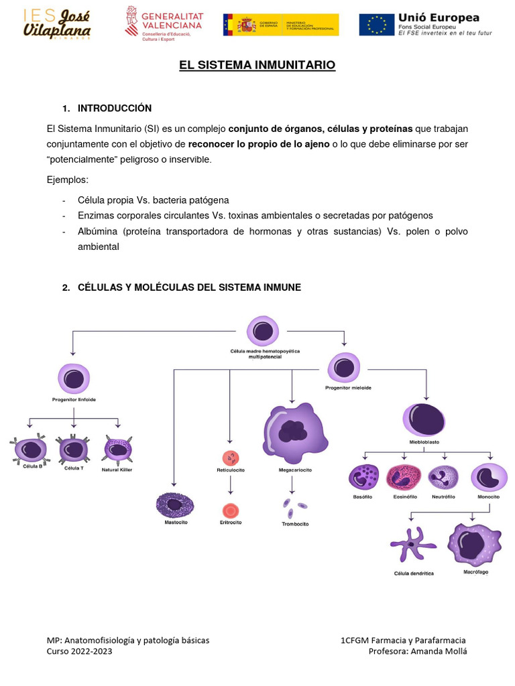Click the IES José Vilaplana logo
point(57,23)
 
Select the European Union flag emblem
point(377,25)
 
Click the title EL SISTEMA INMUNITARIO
point(257,65)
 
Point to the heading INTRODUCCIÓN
point(115,109)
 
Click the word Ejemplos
point(67,180)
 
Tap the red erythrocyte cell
point(230,510)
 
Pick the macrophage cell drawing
point(475,543)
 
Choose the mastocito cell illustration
point(175,505)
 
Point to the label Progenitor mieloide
point(348,388)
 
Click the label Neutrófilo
point(443,497)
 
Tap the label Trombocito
point(295,524)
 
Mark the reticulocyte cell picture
point(230,458)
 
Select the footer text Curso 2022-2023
point(79,651)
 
